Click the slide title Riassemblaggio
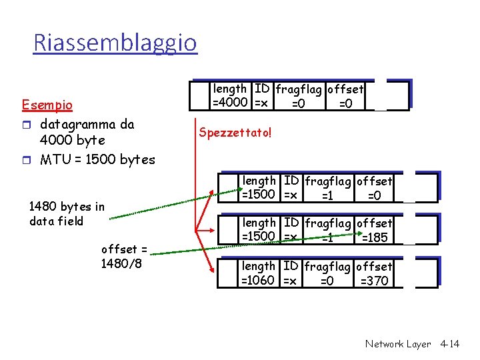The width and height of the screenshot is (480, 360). pos(115,43)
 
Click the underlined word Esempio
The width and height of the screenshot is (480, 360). pos(47,105)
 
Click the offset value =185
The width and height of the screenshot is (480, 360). pos(374,237)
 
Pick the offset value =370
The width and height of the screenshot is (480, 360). pos(374,281)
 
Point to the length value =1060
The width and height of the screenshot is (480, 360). pos(258,280)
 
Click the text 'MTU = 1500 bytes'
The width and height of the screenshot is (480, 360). pos(97,159)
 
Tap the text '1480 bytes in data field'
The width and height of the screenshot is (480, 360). pos(67,214)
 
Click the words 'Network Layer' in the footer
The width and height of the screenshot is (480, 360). pos(398,344)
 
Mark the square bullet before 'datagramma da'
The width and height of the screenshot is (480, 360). pos(26,124)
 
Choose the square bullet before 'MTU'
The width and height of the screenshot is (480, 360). pos(26,159)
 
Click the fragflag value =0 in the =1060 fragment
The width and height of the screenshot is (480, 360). pos(327,281)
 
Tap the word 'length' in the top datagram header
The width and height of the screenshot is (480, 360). pos(230,89)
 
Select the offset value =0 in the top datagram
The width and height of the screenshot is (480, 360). pos(345,103)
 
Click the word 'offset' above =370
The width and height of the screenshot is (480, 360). pos(375,267)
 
